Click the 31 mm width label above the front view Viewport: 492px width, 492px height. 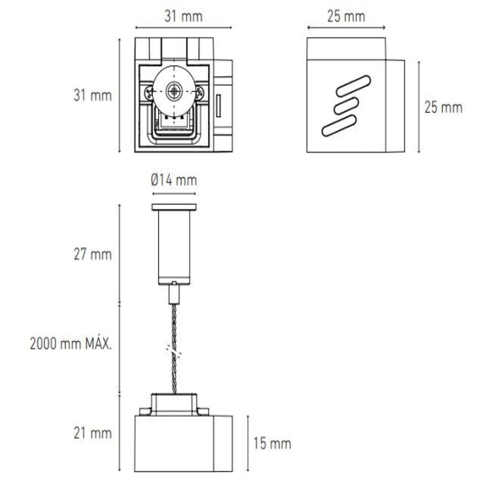[183, 16]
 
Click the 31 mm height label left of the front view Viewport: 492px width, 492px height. [92, 95]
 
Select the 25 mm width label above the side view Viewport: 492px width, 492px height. [346, 16]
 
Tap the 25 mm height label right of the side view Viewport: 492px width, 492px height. [443, 107]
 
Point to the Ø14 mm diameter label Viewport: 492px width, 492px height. [174, 181]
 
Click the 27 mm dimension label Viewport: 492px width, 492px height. [92, 255]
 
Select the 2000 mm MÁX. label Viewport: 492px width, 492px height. [71, 344]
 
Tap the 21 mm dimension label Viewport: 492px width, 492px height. [92, 433]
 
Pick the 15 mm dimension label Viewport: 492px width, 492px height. [272, 444]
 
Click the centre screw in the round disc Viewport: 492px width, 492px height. [174, 91]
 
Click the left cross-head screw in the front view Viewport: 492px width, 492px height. [148, 92]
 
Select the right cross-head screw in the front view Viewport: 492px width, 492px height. [199, 92]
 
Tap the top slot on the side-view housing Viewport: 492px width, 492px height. [353, 86]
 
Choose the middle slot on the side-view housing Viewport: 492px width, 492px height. [346, 106]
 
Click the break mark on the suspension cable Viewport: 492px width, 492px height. [174, 351]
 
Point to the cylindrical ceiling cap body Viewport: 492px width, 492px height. [174, 246]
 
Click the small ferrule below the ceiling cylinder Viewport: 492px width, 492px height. [174, 294]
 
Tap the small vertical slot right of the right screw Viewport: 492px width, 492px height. [218, 106]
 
